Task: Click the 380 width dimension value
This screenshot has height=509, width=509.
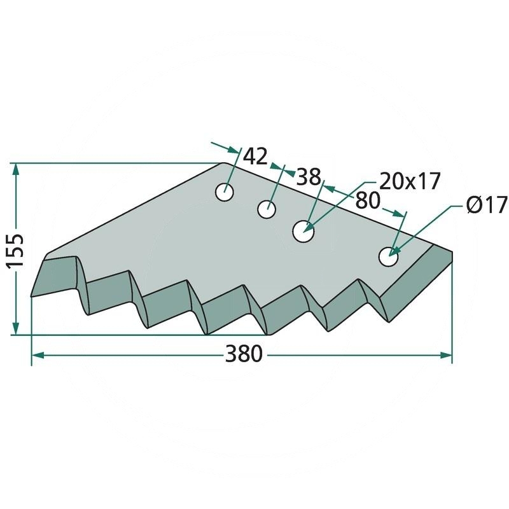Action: tap(244, 354)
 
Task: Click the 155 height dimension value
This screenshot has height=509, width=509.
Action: tap(15, 250)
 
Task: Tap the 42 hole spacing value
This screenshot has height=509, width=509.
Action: tap(255, 156)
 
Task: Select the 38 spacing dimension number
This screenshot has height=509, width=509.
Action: tap(309, 177)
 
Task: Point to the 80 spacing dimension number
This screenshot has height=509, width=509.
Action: tap(368, 200)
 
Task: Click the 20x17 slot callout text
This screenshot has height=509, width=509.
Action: tap(410, 181)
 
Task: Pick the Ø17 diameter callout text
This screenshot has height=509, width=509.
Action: tap(487, 205)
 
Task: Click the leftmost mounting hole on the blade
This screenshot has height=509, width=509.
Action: tap(225, 192)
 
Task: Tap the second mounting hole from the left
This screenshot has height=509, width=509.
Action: tap(267, 209)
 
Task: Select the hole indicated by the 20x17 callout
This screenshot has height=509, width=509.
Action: tap(303, 232)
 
